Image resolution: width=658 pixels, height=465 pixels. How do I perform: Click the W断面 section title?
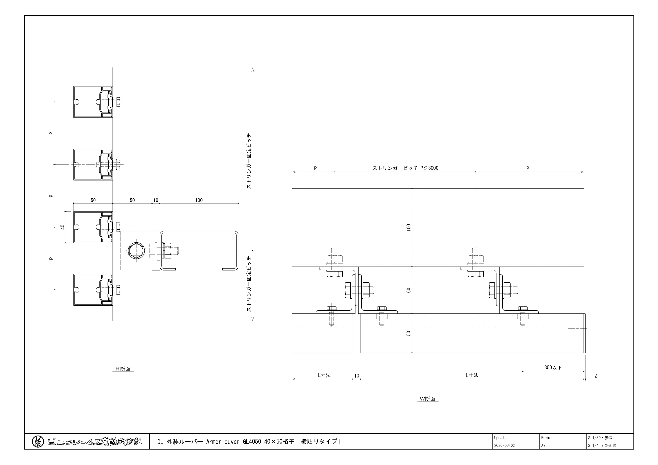click(428, 399)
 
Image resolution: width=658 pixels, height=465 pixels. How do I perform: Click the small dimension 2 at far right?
click(596, 376)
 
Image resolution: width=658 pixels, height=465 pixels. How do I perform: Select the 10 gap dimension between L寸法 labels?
click(357, 376)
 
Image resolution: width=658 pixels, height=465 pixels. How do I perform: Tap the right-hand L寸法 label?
click(472, 375)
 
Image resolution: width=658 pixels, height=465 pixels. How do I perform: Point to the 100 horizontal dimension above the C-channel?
click(199, 200)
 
